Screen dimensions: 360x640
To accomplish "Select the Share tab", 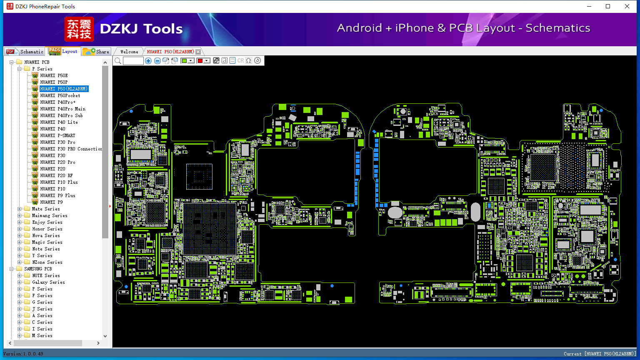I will [96, 52].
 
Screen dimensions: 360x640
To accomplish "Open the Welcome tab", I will [129, 52].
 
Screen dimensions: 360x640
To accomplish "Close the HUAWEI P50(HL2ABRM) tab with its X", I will [198, 52].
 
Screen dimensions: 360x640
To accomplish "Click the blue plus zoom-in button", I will [148, 61].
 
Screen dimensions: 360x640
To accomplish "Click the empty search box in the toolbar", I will [133, 61].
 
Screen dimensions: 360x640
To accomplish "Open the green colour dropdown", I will [191, 61].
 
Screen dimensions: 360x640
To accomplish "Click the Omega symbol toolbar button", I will [249, 61].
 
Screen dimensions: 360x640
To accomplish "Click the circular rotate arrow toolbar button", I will [257, 61].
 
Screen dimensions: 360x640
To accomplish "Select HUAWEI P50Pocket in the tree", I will [60, 95].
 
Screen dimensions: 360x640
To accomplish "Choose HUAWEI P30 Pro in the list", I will [57, 142].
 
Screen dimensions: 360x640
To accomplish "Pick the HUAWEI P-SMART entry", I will [57, 135].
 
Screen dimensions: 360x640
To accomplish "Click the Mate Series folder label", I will [46, 209].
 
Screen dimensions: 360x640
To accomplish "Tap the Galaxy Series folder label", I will [48, 282].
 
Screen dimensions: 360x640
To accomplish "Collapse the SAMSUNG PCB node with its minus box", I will [12, 269].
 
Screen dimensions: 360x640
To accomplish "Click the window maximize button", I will [608, 6].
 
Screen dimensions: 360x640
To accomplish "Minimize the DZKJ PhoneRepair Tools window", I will [589, 6].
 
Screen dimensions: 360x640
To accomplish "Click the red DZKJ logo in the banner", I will [79, 29].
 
